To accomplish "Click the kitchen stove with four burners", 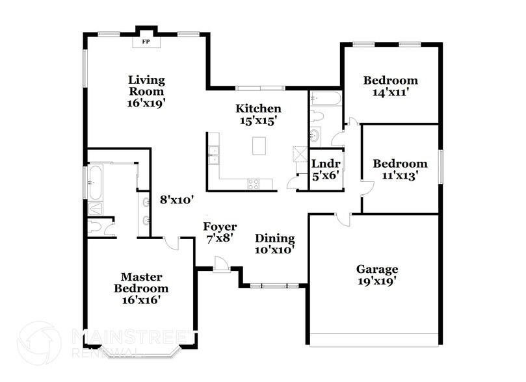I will (x=254, y=184).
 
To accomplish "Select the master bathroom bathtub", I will (x=95, y=182).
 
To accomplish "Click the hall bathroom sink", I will (x=315, y=136).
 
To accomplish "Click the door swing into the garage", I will (x=343, y=220).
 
